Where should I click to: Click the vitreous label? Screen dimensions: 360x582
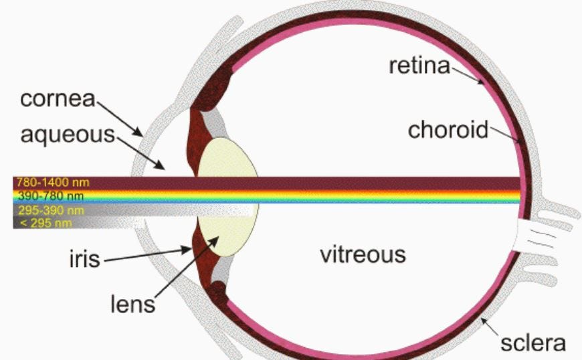tap(363, 255)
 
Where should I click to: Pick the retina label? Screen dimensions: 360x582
tap(419, 66)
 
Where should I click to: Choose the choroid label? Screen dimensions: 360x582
tap(449, 129)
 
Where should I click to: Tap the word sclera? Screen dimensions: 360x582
tap(533, 343)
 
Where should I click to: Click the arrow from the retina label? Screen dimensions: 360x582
tap(468, 74)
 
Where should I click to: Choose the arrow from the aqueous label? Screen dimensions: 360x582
tap(140, 151)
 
